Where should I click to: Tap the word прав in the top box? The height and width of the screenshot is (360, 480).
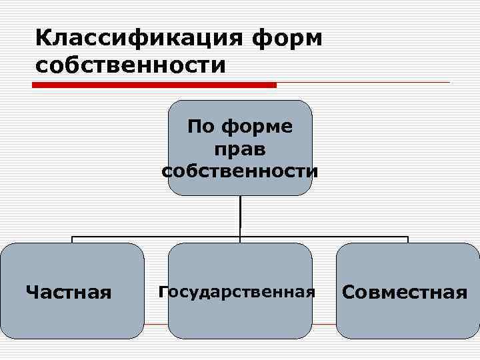click(240, 149)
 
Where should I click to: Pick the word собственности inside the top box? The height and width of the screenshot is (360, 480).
click(240, 171)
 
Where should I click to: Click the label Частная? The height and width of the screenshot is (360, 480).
click(69, 292)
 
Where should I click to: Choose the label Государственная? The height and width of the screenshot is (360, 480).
click(237, 291)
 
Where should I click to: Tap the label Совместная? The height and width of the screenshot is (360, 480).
click(405, 292)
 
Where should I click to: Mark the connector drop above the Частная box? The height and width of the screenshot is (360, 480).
click(72, 239)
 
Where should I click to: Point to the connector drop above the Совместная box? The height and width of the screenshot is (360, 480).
click(407, 239)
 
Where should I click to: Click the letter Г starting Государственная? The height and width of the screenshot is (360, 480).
click(162, 291)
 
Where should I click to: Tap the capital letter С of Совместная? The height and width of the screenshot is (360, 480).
click(349, 292)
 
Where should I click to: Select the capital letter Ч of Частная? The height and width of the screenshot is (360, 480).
click(31, 292)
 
